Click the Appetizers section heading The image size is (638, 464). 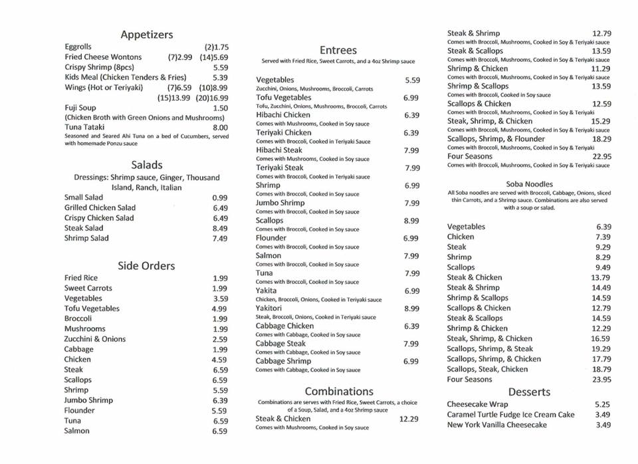point(147,35)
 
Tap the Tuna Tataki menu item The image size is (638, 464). point(86,127)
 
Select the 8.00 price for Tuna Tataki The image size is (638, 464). point(220,128)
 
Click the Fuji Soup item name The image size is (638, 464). point(80,108)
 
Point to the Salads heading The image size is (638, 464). point(147,165)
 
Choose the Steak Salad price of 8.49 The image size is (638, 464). point(220,228)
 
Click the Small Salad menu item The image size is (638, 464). point(84,197)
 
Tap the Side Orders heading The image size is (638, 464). point(146,266)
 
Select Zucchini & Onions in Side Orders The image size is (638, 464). point(94,339)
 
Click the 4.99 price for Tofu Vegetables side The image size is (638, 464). point(220,309)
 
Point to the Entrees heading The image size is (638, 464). point(338,51)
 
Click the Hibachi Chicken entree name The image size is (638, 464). point(282,115)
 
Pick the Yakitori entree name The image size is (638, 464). point(268,308)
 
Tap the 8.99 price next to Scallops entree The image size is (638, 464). point(411,221)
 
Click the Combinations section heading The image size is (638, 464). point(339,392)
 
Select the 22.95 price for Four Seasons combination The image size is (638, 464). point(601,157)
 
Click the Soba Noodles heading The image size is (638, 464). point(529,184)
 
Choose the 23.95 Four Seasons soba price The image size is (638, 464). point(601,380)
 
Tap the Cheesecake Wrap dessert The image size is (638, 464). point(478,404)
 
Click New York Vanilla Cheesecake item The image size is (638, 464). point(497,425)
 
